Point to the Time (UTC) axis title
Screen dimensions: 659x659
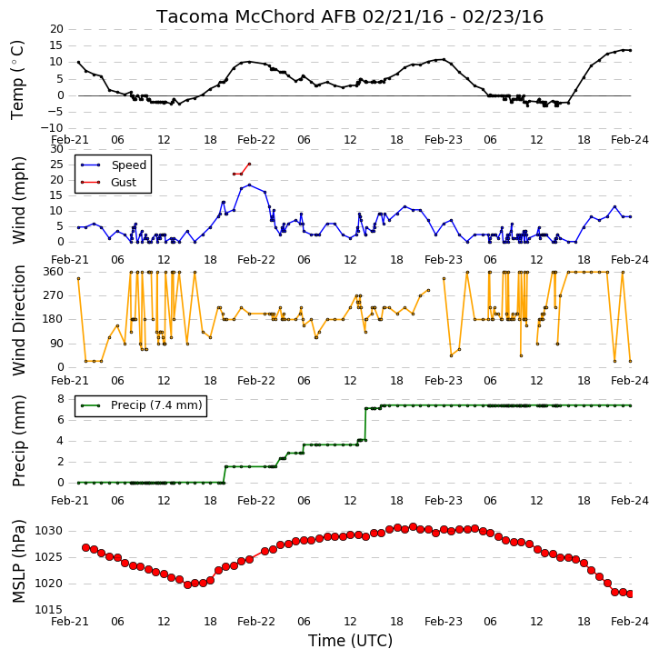[x=350, y=641]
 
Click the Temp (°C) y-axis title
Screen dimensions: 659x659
[x=17, y=80]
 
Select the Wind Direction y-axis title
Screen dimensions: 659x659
[x=19, y=320]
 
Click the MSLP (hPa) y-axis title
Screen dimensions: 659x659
[x=19, y=561]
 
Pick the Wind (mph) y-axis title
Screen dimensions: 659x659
[x=19, y=200]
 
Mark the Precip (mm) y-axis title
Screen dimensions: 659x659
[x=19, y=441]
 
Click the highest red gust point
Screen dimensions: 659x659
[x=250, y=164]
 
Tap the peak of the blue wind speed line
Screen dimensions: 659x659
[x=250, y=185]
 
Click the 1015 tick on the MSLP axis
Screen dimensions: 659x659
[x=48, y=610]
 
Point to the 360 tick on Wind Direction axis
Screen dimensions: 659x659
[x=53, y=272]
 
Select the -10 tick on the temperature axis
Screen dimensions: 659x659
[x=51, y=128]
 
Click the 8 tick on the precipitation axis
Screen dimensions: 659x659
[x=61, y=399]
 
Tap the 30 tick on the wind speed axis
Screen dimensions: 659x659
[x=56, y=149]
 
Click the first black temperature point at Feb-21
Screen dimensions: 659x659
[x=78, y=62]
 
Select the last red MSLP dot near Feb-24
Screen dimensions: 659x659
[x=630, y=594]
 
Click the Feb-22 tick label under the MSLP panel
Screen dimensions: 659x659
[x=256, y=622]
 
